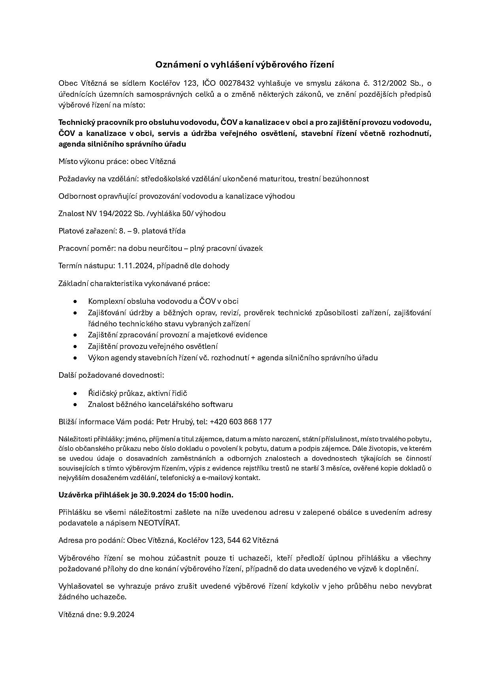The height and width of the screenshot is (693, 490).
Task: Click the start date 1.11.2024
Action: click(x=135, y=266)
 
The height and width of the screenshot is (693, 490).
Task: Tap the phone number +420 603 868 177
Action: click(x=241, y=422)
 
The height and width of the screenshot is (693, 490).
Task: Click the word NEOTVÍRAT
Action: click(x=158, y=523)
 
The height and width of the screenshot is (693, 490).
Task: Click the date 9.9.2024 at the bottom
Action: click(x=119, y=614)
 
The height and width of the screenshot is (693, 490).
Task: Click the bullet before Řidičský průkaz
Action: click(x=75, y=393)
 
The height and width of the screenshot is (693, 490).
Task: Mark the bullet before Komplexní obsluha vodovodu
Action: click(x=75, y=301)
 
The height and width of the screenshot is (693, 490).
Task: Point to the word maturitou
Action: click(x=280, y=179)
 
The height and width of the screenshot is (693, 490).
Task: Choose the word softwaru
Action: click(x=217, y=404)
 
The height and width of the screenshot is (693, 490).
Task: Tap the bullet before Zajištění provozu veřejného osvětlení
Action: click(x=75, y=346)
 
